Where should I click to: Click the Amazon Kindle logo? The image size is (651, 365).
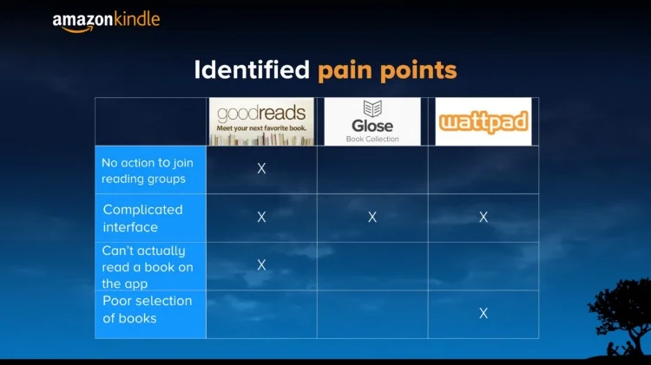coord(106,21)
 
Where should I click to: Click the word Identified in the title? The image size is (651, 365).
coord(252,70)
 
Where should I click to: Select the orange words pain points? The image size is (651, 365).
coord(387,70)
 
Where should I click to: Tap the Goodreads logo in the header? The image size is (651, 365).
coord(261,121)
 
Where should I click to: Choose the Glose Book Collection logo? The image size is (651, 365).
coord(372,121)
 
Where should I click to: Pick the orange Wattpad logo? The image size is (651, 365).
coord(483,121)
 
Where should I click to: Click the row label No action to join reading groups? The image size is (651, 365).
coord(147,171)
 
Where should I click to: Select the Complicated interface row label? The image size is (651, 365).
coord(142,218)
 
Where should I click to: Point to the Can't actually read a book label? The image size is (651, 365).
coord(148,267)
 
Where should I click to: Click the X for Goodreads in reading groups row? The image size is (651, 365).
coord(261,168)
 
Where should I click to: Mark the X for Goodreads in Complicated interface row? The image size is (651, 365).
coord(261,218)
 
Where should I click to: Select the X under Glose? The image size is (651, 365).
coord(372,218)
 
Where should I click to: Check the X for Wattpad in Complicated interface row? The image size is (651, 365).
coord(483,218)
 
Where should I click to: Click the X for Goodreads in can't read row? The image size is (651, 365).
coord(261,265)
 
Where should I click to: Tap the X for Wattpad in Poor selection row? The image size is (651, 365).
coord(483,313)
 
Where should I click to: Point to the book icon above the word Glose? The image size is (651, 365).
coord(372,108)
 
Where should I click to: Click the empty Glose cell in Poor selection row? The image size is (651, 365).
coord(372,314)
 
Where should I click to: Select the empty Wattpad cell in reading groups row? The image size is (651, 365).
coord(483,170)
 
